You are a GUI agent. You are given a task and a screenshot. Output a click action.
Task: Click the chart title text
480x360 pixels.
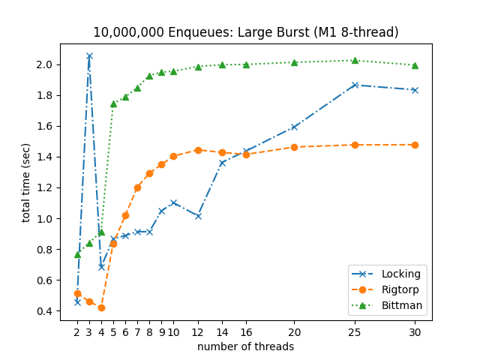(245, 32)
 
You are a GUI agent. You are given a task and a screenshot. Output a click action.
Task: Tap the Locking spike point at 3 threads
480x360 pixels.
(89, 56)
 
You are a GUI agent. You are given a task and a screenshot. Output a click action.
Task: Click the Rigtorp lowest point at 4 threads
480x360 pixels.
(101, 307)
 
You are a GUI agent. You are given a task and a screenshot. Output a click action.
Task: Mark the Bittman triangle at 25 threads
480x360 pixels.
(355, 61)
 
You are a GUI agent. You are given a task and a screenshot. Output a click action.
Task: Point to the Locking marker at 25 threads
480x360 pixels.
(355, 85)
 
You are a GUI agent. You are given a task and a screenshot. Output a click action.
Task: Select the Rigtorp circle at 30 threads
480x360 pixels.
(415, 145)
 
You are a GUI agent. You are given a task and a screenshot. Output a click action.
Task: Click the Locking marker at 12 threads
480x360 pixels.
(198, 216)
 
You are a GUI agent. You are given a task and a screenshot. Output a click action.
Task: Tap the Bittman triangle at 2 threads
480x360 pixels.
(77, 254)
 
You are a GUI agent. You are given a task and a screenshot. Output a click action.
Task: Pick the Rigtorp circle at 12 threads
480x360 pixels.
(198, 150)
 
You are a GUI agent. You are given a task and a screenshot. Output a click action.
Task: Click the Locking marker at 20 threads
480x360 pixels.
(294, 127)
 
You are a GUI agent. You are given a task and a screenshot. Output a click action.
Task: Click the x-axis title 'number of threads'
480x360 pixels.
(245, 346)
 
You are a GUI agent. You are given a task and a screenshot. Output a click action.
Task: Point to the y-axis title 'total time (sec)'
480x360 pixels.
(26, 182)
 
